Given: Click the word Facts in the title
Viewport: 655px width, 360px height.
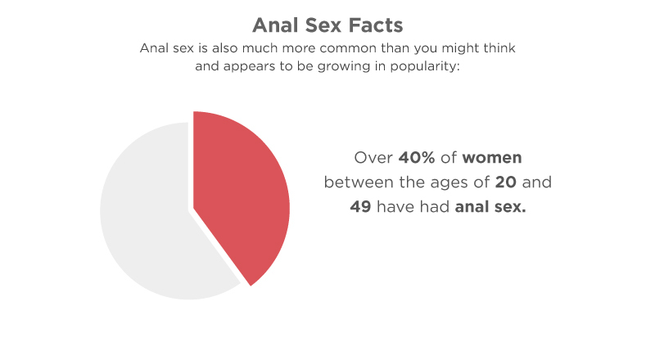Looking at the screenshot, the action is point(376,25).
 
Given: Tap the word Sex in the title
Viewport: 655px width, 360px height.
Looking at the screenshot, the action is point(323,25).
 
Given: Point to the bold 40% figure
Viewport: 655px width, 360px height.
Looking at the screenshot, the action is point(417,158).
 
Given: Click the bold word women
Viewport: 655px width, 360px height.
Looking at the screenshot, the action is point(492,158).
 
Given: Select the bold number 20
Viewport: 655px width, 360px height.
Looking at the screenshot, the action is point(506,182).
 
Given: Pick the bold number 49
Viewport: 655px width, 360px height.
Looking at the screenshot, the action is point(360,207).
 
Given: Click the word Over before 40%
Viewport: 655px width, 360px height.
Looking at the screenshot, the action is point(373,158).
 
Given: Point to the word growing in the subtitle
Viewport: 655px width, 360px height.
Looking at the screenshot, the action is point(344,66).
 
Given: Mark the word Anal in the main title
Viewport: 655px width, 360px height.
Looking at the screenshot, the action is point(276,25).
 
